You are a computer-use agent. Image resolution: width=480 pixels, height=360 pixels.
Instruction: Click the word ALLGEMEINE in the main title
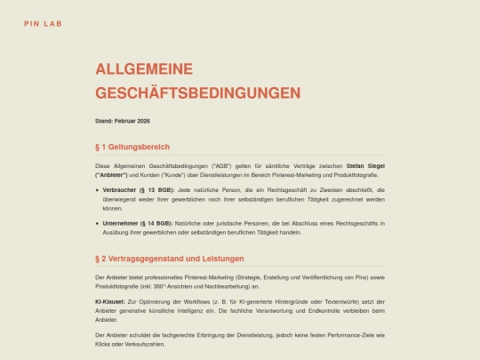coord(143,69)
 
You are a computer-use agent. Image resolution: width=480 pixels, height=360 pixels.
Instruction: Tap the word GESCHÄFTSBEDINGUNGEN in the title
coord(197,92)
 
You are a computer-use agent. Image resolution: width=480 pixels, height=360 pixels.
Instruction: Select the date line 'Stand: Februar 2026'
coord(123,121)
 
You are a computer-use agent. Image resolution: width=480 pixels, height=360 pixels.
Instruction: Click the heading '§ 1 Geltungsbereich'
coord(132,147)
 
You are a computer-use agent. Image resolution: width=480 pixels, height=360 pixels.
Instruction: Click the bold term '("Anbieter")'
coord(114,175)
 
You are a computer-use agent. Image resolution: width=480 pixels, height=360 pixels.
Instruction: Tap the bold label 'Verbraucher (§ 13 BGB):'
coord(138,189)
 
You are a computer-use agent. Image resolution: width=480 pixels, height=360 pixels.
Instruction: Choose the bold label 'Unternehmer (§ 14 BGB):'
coord(139,223)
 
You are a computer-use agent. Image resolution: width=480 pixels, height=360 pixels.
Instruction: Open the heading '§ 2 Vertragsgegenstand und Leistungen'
coord(169,259)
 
